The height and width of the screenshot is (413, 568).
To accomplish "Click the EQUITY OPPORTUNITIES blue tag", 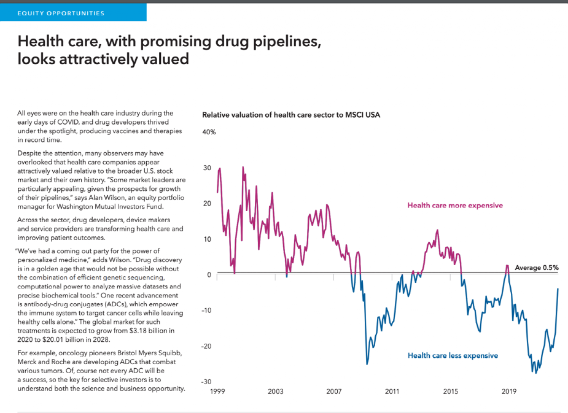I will coord(61,13).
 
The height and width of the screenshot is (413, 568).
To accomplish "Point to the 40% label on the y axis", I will coord(209,132).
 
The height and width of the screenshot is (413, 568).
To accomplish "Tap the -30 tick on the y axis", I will coord(206,382).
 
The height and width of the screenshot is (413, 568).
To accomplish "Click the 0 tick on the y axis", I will coord(209,275).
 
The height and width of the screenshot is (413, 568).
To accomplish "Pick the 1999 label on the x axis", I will coord(217,391).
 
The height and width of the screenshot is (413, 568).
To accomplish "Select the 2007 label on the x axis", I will coord(333,391).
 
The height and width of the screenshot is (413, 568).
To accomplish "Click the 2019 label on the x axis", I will coord(508,391).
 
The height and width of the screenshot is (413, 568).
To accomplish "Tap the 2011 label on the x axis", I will coord(392,391).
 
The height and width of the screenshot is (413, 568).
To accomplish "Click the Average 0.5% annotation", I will coord(537,268).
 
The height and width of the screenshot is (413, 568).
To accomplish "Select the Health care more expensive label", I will coord(454,206).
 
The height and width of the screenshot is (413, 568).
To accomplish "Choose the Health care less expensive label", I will coord(453,355).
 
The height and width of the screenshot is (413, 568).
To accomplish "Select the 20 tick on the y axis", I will coord(208,204).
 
